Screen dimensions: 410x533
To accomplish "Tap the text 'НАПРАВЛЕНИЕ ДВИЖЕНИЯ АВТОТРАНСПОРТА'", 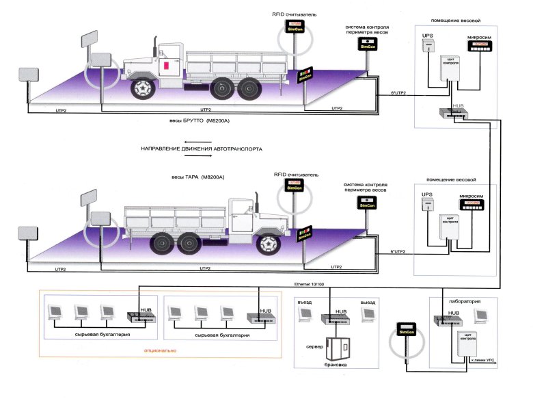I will pyautogui.click(x=201, y=149).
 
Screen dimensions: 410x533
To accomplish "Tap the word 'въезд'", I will pyautogui.click(x=305, y=302).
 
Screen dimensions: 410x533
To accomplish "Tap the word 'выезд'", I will pyautogui.click(x=368, y=302).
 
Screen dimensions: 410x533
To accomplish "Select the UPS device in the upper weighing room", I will pyautogui.click(x=428, y=47).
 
